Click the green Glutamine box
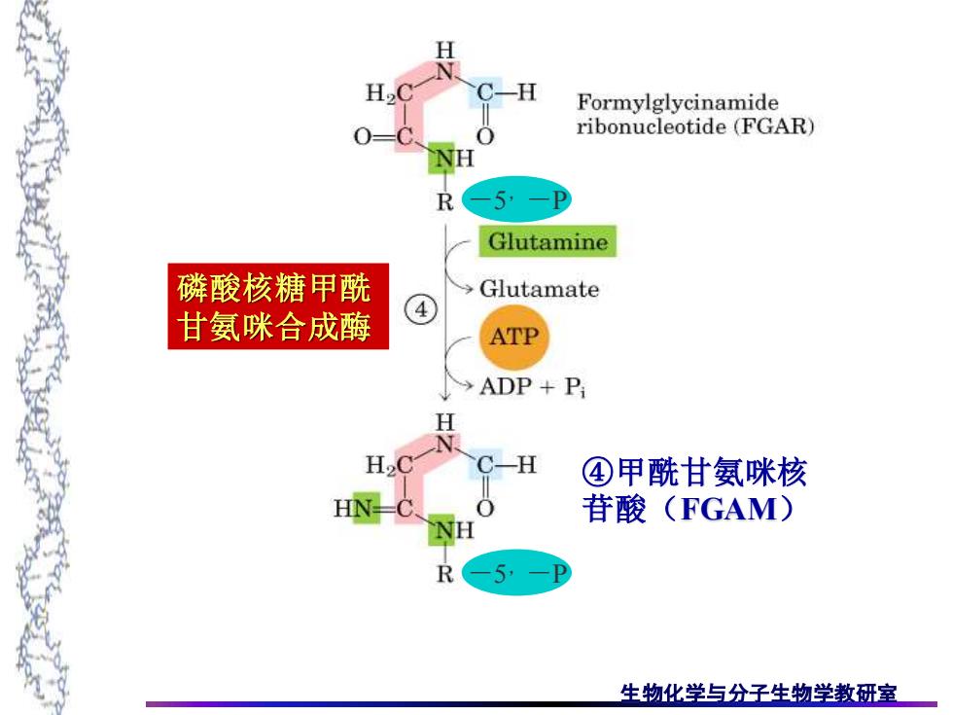click(547, 241)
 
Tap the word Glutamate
click(539, 289)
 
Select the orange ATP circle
click(514, 337)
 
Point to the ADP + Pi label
click(533, 387)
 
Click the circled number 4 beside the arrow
click(421, 310)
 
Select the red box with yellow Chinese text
click(278, 306)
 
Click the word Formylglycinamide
click(678, 103)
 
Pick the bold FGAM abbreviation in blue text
click(728, 509)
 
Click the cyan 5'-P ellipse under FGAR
click(516, 199)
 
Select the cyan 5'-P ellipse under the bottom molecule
click(516, 573)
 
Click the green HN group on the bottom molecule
click(357, 508)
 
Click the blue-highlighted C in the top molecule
click(485, 92)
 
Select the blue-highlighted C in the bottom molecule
click(485, 465)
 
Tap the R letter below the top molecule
click(445, 201)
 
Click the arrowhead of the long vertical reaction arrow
click(445, 397)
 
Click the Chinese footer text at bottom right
click(758, 693)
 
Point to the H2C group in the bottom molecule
click(390, 466)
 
